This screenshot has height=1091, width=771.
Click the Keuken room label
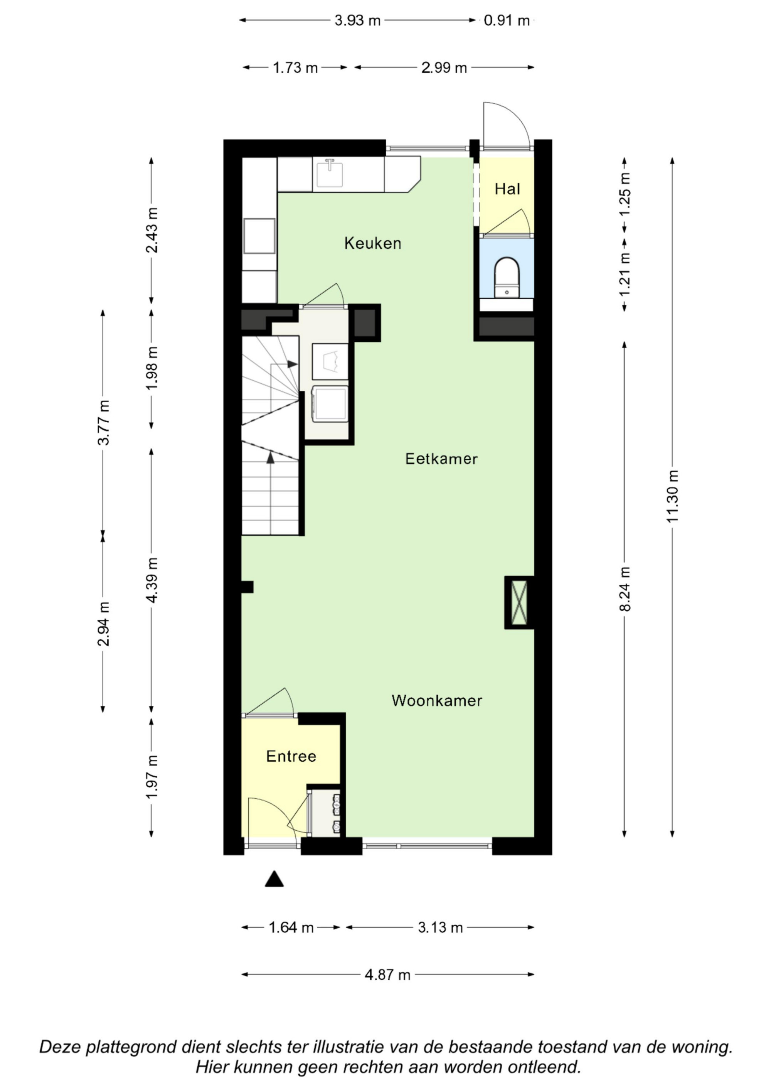click(x=372, y=243)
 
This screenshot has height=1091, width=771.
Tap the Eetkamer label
click(x=441, y=459)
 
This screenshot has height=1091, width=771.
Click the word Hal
click(x=507, y=189)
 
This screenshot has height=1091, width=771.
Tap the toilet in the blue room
click(x=507, y=277)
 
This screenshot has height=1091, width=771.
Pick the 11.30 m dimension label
click(x=672, y=496)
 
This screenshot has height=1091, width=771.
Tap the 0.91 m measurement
click(x=507, y=20)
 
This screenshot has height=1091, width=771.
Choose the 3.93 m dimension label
click(x=357, y=20)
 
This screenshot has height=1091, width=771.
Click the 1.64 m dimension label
click(x=291, y=927)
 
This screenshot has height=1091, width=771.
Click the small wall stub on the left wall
click(x=247, y=587)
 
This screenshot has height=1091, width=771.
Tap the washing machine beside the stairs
click(x=330, y=404)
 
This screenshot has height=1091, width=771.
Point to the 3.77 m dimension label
click(x=103, y=422)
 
